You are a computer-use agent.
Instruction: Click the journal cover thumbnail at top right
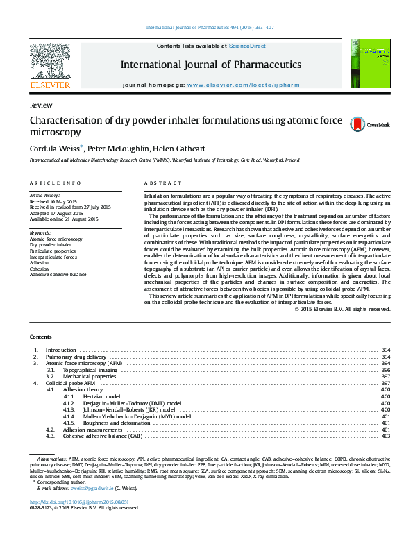pos(369,63)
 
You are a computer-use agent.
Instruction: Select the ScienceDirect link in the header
pos(247,45)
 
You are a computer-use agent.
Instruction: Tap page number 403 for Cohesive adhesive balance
pos(386,436)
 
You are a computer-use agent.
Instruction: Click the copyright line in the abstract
pos(343,309)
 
